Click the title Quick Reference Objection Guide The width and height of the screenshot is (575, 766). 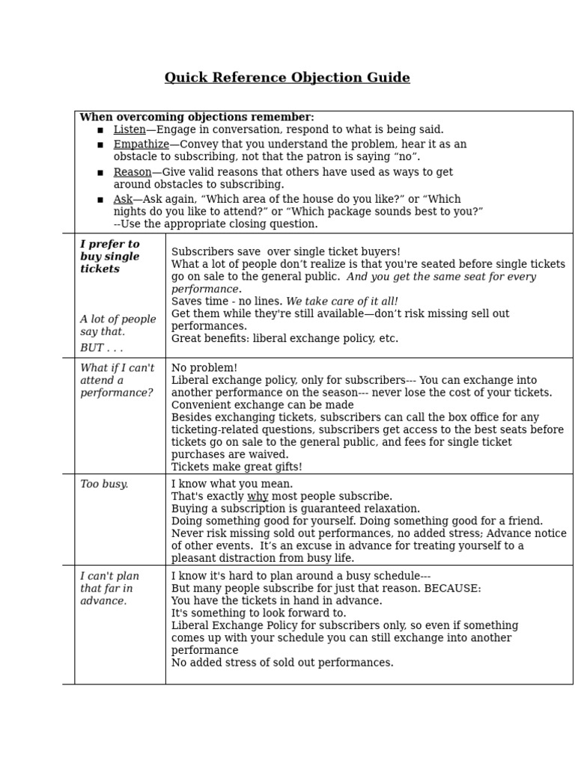[287, 78]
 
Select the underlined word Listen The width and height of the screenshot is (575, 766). [130, 130]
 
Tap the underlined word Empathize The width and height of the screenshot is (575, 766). [141, 144]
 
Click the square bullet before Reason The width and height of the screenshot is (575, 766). [100, 173]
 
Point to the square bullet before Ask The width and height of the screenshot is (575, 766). [100, 200]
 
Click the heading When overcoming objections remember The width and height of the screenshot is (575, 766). [196, 117]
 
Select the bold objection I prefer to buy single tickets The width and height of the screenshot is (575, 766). [110, 257]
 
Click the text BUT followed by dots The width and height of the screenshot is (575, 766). [101, 348]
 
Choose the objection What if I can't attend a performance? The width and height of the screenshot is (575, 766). [117, 380]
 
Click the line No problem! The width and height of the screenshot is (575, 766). [204, 368]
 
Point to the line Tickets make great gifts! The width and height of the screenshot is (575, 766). [237, 467]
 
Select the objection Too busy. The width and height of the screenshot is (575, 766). [104, 484]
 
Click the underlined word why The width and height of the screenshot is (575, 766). [258, 497]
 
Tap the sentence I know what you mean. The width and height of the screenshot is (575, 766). [232, 484]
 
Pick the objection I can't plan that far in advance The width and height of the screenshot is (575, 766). [110, 588]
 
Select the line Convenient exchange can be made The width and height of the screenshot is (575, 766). [262, 405]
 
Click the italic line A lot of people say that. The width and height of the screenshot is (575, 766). [118, 325]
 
